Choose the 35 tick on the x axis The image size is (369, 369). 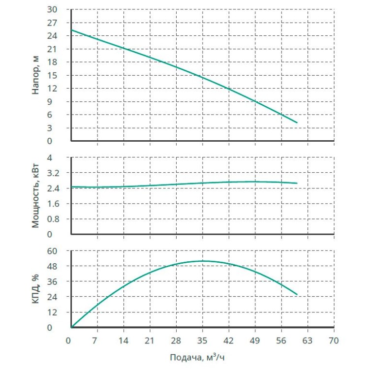(x=202, y=340)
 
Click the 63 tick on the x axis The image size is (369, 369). (x=307, y=340)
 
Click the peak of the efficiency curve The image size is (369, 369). (x=203, y=261)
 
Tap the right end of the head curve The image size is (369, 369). (x=297, y=123)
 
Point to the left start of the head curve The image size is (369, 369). (x=72, y=30)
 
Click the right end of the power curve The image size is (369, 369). (x=297, y=183)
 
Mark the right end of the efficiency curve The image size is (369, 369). (x=297, y=294)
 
